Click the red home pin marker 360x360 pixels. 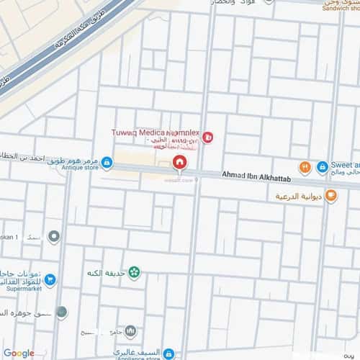179,163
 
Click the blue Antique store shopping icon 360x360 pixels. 107,163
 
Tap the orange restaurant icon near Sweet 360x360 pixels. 305,167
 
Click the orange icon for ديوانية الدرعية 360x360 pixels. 330,194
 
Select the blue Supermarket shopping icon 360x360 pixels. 50,279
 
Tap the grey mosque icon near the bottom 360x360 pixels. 130,331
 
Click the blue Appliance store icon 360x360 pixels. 168,354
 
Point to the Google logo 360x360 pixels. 18,353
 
